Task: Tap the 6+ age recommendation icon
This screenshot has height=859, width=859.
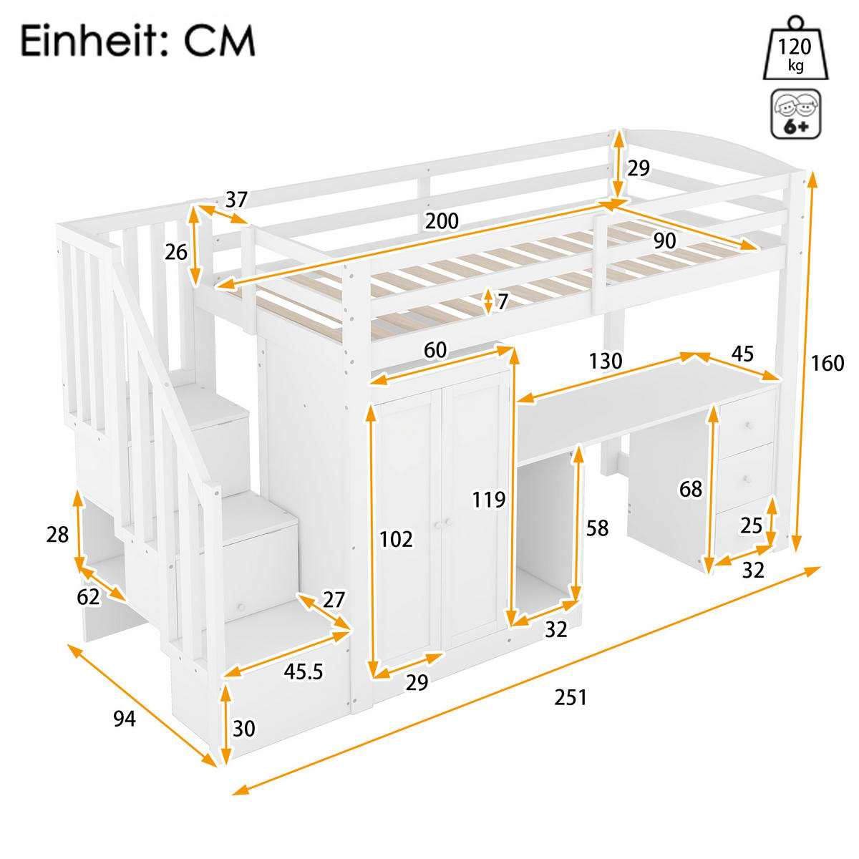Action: tap(795, 114)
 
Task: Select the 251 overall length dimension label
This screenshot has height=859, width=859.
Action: tap(571, 697)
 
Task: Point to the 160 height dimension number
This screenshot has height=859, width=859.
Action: tap(828, 364)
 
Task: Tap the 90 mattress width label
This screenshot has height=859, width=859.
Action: tap(664, 241)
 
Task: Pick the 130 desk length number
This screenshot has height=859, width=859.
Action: tap(606, 361)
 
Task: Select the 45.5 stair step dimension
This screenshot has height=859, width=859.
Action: tap(304, 671)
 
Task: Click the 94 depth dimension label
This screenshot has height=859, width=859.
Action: tap(125, 718)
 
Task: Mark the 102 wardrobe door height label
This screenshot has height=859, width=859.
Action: tap(396, 538)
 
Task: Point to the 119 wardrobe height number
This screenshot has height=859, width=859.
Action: tap(489, 499)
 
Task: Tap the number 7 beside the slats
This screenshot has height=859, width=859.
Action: tap(503, 301)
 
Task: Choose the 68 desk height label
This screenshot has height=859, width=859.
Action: tap(691, 490)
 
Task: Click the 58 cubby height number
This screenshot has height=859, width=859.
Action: tap(597, 528)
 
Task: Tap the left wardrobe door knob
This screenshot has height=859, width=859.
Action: tap(436, 525)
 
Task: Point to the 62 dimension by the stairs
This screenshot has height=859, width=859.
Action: tap(89, 596)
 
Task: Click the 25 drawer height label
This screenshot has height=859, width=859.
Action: tap(751, 526)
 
